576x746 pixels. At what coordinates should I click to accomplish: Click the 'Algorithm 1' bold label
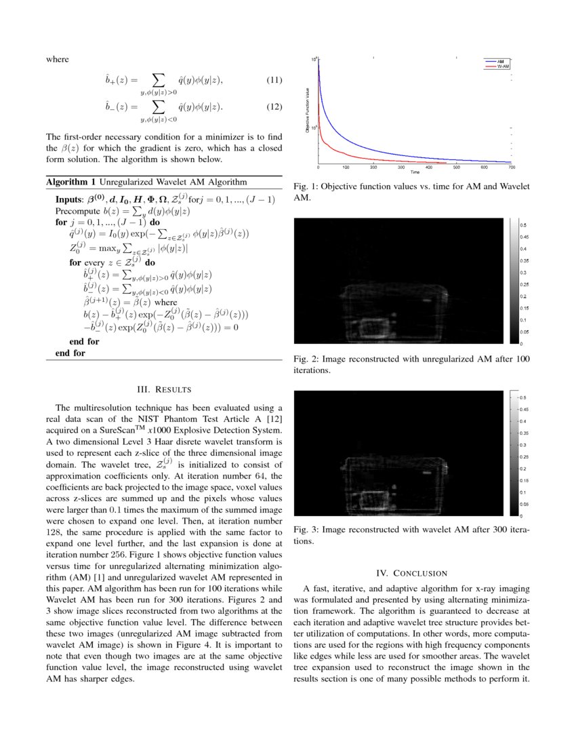pyautogui.click(x=71, y=182)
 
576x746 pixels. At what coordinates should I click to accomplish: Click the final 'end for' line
pyautogui.click(x=70, y=353)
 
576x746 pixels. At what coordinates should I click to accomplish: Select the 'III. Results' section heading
pyautogui.click(x=164, y=389)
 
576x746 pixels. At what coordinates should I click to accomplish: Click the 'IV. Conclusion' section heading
pyautogui.click(x=412, y=573)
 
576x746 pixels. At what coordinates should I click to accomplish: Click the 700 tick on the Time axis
pyautogui.click(x=512, y=168)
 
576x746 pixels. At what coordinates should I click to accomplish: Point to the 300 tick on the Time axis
pyautogui.click(x=401, y=168)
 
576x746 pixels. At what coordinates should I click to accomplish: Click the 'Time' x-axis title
pyautogui.click(x=415, y=172)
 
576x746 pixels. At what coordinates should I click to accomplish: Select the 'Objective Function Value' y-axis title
pyautogui.click(x=308, y=112)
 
